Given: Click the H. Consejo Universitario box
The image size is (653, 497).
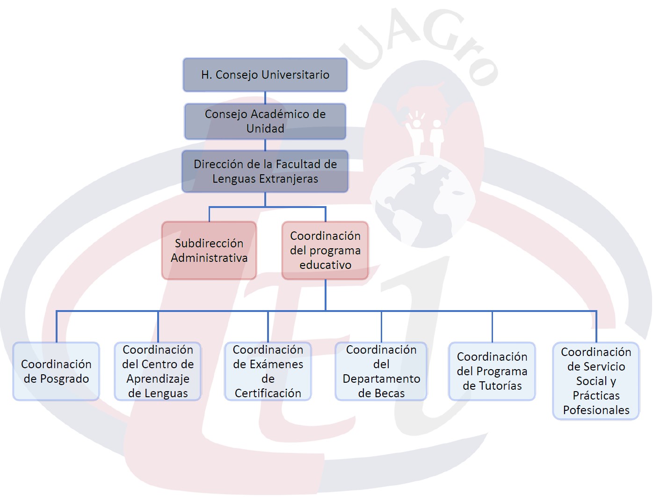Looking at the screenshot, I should (x=265, y=75).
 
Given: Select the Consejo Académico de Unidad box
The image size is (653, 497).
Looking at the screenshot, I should (x=265, y=121).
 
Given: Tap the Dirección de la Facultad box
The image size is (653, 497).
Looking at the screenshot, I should (x=265, y=171).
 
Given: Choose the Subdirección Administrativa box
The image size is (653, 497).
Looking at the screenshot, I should (x=209, y=251).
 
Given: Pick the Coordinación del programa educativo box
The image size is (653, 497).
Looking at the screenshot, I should (x=325, y=251).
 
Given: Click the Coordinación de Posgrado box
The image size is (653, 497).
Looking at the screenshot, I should (x=56, y=371).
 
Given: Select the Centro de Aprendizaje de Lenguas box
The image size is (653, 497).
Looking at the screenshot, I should (x=158, y=371).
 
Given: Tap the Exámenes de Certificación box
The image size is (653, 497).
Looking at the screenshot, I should (x=268, y=371).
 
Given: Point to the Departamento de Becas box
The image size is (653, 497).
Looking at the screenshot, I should (x=381, y=371).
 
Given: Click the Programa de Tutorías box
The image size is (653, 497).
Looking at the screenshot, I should (x=492, y=371).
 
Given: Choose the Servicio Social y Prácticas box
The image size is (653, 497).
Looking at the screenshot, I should (x=596, y=381).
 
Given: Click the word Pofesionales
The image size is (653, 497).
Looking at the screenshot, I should (x=596, y=410).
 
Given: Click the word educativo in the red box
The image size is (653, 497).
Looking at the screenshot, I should (x=325, y=265).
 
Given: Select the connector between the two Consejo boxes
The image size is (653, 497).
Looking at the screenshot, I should (x=265, y=97).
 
